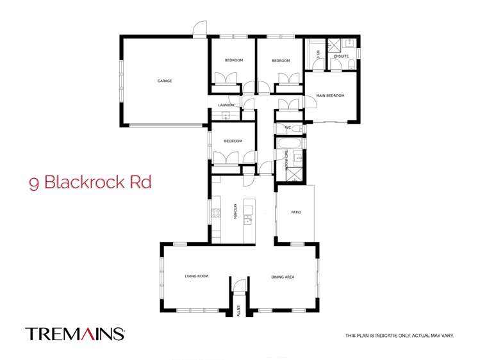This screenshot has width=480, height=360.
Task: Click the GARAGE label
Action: (165, 81)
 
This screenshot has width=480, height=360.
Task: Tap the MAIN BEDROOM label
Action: (330, 96)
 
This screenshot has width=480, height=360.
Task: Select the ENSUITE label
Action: (341, 56)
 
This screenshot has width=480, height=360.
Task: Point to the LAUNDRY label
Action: (226, 105)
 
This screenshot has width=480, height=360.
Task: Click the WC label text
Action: (288, 128)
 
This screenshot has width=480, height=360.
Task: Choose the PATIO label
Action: (295, 212)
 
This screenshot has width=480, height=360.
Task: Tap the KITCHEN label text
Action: (236, 211)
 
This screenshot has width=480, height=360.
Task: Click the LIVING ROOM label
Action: (197, 276)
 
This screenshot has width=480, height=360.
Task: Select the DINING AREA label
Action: (283, 277)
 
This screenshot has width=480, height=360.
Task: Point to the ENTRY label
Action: (238, 311)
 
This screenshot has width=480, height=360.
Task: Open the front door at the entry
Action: (238, 286)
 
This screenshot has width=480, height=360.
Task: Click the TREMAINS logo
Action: (74, 334)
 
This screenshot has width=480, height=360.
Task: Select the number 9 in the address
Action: (33, 183)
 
